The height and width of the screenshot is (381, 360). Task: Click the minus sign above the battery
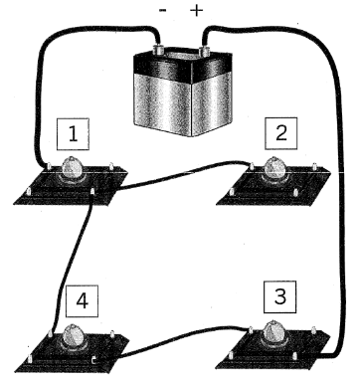163,11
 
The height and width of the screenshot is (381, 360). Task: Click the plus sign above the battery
196,11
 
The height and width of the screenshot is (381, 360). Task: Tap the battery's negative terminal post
157,49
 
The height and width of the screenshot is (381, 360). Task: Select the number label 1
73,134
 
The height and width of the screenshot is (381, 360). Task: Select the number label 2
280,133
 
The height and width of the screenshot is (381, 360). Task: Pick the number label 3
280,296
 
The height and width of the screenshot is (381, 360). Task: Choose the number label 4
82,301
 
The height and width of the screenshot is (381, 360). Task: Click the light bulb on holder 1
73,168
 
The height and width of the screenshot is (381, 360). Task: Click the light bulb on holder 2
274,168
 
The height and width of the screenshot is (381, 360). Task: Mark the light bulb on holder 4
73,336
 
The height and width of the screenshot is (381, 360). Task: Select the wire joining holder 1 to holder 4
72,262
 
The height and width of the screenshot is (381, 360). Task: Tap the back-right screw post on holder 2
313,165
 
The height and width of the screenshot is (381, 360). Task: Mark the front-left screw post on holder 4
30,358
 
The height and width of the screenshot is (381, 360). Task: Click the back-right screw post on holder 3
313,329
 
